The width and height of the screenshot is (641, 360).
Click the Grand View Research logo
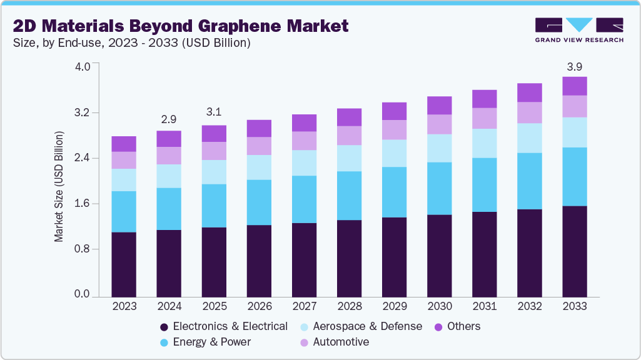click(578, 29)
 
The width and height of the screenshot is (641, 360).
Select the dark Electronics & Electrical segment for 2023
click(124, 264)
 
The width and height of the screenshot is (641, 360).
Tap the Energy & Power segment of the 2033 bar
click(574, 176)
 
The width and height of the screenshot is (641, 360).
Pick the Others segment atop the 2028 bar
click(349, 117)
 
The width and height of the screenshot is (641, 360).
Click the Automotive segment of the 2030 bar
click(439, 124)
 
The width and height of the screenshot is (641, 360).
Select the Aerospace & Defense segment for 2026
click(259, 167)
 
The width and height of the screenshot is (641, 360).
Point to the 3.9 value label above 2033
click(574, 67)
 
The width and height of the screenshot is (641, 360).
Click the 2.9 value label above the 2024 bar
click(169, 118)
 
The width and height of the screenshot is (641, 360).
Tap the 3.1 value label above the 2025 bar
click(214, 112)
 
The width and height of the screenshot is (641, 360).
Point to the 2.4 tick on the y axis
click(83, 158)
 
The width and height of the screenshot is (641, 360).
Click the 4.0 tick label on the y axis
click(83, 67)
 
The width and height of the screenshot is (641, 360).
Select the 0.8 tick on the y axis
click(83, 249)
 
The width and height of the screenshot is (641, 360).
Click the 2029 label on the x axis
click(394, 306)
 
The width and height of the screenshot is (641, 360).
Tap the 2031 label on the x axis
click(484, 306)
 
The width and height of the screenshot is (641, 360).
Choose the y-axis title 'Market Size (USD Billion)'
click(59, 186)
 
